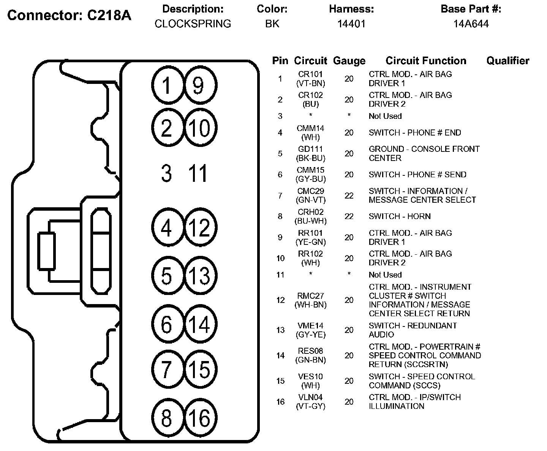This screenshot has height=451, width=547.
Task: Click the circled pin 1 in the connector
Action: [x=166, y=85]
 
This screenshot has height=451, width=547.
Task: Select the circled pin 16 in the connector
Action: [x=200, y=418]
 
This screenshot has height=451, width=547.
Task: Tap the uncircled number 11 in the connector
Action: [x=198, y=173]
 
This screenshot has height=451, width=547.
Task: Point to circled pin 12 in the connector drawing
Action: [x=200, y=228]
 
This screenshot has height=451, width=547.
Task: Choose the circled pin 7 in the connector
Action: [x=166, y=369]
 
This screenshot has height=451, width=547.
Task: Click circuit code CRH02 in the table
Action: [x=310, y=212]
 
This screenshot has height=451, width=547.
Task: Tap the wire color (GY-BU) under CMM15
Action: [x=310, y=179]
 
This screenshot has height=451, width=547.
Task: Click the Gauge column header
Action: [x=349, y=61]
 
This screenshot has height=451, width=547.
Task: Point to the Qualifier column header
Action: [x=507, y=61]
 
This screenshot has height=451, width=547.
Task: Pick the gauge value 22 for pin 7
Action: [x=349, y=196]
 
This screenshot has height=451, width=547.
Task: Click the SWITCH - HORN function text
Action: [x=400, y=216]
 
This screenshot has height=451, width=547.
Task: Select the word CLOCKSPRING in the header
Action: [x=193, y=24]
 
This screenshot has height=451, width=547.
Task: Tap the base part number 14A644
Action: [x=471, y=24]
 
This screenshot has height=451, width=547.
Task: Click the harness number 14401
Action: [x=351, y=24]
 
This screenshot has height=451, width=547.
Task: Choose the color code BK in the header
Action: [x=272, y=24]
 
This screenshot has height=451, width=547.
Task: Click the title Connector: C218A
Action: [x=69, y=16]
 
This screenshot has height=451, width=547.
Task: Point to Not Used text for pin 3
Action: [x=385, y=116]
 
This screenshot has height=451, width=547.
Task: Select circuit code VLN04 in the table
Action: [x=310, y=397]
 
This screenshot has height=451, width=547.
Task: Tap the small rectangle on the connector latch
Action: [x=46, y=251]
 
